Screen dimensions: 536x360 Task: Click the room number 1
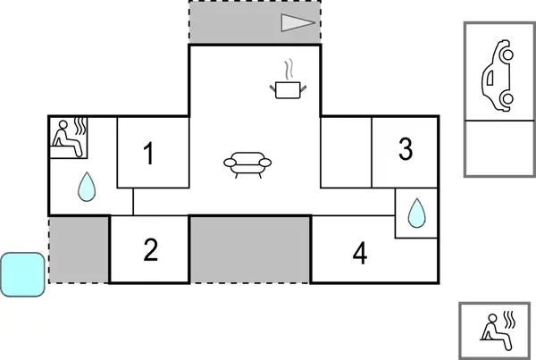click(x=148, y=154)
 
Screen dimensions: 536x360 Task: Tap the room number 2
click(x=151, y=249)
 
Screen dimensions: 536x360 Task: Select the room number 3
click(x=406, y=148)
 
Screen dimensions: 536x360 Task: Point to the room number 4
click(x=360, y=253)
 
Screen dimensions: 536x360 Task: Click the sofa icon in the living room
click(x=247, y=164)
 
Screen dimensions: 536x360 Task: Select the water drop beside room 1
click(x=87, y=187)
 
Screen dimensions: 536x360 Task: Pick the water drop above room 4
click(x=416, y=213)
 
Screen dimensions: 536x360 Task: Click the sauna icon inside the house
click(x=69, y=138)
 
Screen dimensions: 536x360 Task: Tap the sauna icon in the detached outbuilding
click(x=498, y=331)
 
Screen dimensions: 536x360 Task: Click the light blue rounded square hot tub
click(x=23, y=274)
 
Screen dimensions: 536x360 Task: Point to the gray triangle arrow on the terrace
click(x=297, y=23)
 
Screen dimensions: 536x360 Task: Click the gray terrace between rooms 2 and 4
click(x=250, y=250)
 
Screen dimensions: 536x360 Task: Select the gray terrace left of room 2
click(x=79, y=250)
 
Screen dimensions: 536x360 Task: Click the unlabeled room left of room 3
click(x=346, y=153)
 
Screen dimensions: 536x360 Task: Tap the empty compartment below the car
click(x=499, y=148)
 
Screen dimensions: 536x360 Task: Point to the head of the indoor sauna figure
click(x=63, y=124)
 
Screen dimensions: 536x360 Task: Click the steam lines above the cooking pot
click(x=289, y=69)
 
